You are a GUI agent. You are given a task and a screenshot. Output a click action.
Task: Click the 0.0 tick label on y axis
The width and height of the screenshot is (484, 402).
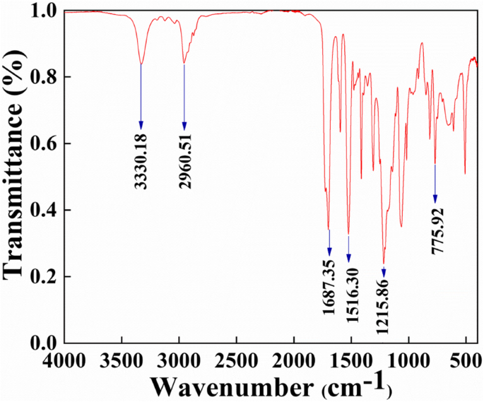tap(45, 343)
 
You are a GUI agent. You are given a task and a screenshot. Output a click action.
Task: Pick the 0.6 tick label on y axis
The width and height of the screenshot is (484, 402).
tap(45, 144)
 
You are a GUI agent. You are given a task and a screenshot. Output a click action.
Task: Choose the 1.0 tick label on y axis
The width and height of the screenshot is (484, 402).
tap(45, 12)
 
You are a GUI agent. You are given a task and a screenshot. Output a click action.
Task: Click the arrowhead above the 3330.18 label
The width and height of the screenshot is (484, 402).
tap(141, 125)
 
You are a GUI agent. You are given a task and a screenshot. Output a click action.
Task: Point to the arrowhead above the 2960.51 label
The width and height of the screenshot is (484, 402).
tap(184, 125)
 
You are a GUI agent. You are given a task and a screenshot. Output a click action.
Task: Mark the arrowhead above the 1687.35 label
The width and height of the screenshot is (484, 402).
tap(329, 252)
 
